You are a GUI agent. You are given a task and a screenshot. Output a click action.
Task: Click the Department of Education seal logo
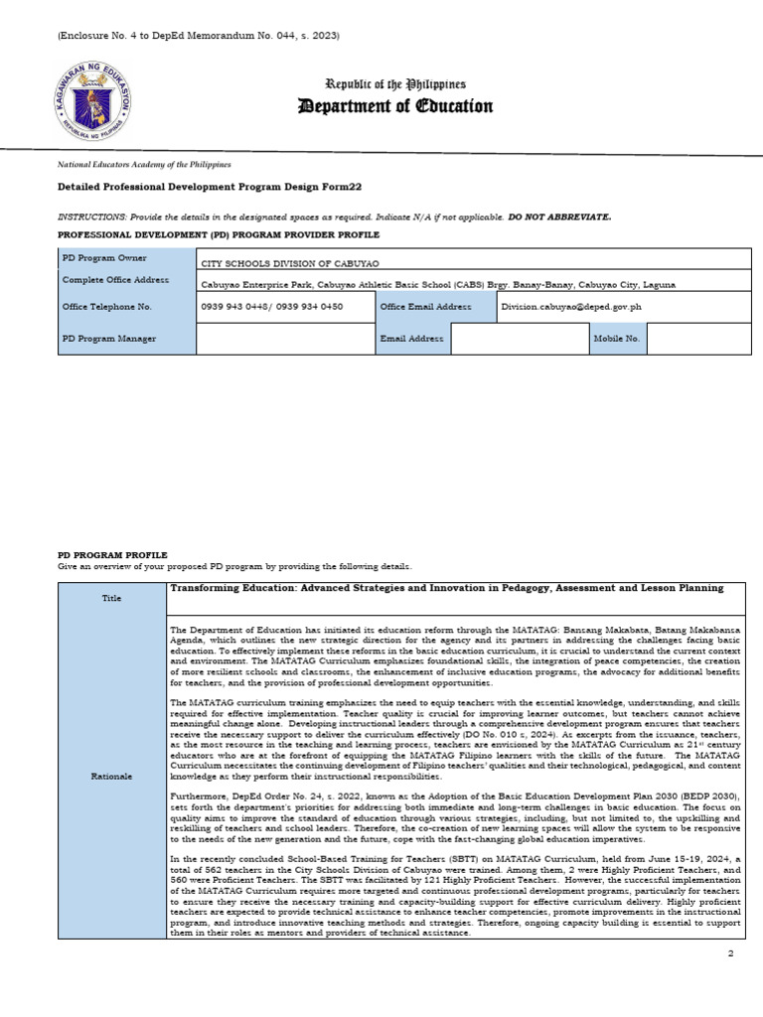pyautogui.click(x=90, y=99)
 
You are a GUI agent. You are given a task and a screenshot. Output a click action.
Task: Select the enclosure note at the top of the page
pyautogui.click(x=199, y=36)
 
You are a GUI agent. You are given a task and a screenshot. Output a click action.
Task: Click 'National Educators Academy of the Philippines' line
pyautogui.click(x=145, y=164)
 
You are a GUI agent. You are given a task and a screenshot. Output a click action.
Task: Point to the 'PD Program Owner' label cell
pyautogui.click(x=127, y=258)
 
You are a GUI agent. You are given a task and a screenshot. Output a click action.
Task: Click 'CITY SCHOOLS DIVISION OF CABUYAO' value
pyautogui.click(x=276, y=264)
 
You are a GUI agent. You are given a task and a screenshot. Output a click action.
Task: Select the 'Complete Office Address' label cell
pyautogui.click(x=127, y=280)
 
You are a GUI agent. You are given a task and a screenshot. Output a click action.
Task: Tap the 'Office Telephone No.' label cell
pyautogui.click(x=127, y=307)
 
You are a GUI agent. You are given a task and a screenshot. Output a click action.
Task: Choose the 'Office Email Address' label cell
pyautogui.click(x=434, y=307)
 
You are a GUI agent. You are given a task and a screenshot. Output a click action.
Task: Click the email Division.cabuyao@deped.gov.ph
pyautogui.click(x=571, y=307)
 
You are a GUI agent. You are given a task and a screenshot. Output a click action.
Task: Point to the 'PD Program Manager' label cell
pyautogui.click(x=127, y=339)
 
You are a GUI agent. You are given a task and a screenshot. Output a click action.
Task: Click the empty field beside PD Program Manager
pyautogui.click(x=284, y=339)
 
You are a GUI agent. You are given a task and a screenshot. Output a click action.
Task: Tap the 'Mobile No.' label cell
pyautogui.click(x=617, y=339)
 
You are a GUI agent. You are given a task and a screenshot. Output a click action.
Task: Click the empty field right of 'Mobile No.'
pyautogui.click(x=698, y=339)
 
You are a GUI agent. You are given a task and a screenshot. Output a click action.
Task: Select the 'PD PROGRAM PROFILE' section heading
pyautogui.click(x=112, y=554)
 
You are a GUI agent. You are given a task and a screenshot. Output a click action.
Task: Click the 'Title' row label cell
pyautogui.click(x=112, y=598)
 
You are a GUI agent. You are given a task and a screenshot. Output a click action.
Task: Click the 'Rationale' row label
pyautogui.click(x=112, y=777)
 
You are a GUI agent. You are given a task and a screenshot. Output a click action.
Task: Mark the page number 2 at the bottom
pyautogui.click(x=730, y=953)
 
